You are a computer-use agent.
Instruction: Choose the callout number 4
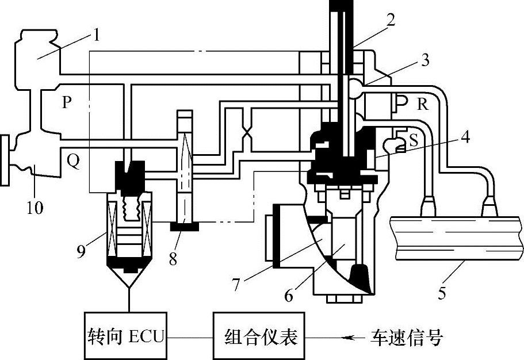(x=464, y=138)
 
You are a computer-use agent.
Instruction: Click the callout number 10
(x=35, y=207)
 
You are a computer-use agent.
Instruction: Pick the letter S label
(x=413, y=140)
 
